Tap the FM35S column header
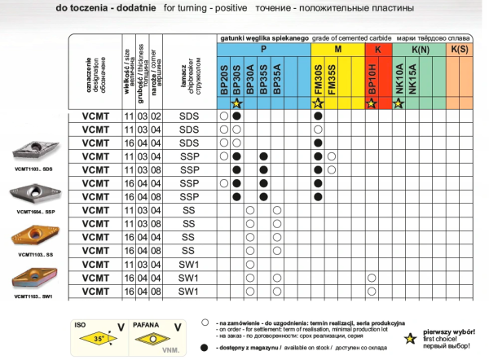[332, 79]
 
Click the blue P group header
[263, 50]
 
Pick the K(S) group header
[458, 50]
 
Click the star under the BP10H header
[371, 103]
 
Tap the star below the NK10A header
[399, 103]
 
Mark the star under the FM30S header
[318, 103]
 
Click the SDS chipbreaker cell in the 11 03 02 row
[188, 116]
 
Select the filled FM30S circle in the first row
[318, 116]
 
